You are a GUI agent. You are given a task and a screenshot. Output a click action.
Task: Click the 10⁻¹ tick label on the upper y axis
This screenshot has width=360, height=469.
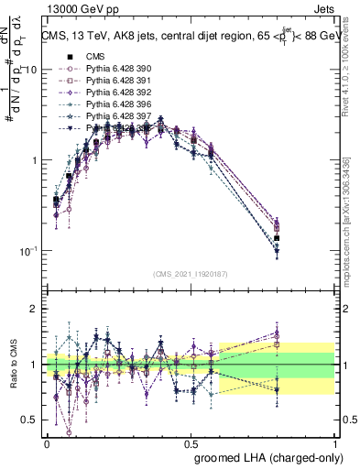pyautogui.click(x=27, y=250)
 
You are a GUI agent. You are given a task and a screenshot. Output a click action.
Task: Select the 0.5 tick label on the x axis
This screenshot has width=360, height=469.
pyautogui.click(x=191, y=442)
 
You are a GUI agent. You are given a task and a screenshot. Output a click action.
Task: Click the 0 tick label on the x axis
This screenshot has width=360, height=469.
pyautogui.click(x=47, y=442)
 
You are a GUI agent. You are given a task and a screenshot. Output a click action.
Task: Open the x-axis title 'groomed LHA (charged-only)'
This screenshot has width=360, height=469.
pyautogui.click(x=266, y=456)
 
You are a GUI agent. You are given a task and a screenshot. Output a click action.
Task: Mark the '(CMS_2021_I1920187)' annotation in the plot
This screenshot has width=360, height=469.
pyautogui.click(x=191, y=273)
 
